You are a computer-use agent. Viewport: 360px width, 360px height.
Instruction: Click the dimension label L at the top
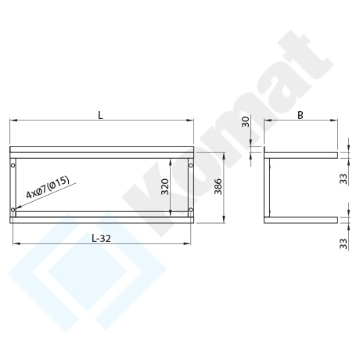100,115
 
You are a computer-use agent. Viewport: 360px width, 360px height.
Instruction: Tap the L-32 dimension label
101,238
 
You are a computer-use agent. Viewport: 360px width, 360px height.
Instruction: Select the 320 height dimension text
165,186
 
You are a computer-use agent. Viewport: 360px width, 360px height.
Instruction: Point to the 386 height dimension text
218,186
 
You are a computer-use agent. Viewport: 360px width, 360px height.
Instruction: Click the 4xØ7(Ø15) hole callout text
48,187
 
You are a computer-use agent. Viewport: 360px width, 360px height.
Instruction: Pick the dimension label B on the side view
301,115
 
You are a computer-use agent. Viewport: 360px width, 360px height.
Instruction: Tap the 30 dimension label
246,121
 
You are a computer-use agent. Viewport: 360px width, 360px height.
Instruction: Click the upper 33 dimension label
344,179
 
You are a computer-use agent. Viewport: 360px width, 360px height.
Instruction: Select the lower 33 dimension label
344,243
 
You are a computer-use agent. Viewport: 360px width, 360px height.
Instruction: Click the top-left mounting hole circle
13,165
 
